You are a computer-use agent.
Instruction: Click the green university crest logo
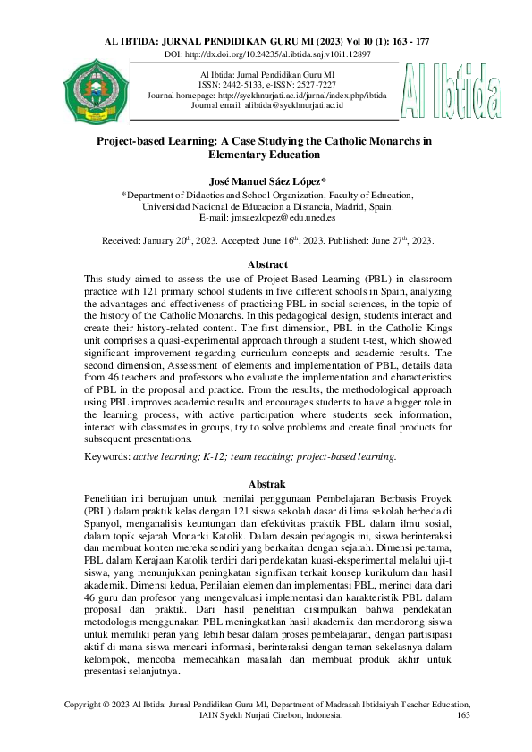pyautogui.click(x=90, y=91)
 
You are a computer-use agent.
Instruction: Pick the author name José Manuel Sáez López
pyautogui.click(x=265, y=180)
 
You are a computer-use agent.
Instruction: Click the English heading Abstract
pyautogui.click(x=266, y=264)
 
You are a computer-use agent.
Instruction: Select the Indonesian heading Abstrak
pyautogui.click(x=266, y=483)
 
